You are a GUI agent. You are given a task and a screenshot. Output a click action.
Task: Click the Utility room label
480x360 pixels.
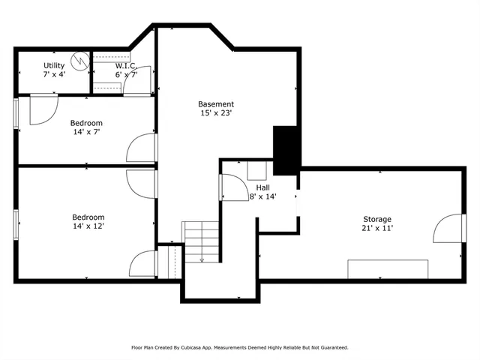click(x=53, y=65)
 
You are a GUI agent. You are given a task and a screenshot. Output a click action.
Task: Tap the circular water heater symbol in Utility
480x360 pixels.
click(x=79, y=60)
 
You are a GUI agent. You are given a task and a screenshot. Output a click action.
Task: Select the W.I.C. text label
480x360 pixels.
click(x=124, y=65)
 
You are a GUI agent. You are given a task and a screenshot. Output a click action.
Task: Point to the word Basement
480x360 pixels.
click(x=216, y=104)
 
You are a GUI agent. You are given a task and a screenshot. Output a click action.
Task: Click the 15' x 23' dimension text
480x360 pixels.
click(x=216, y=113)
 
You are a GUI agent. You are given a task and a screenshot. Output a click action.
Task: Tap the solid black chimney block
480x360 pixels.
click(x=286, y=148)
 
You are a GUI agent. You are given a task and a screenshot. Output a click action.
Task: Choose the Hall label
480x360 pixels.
click(x=262, y=187)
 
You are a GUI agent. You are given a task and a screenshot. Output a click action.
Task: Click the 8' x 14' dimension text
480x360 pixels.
click(x=262, y=196)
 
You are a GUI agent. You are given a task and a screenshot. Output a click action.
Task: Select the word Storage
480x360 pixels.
click(x=376, y=219)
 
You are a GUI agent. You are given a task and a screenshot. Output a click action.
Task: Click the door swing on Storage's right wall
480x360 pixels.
click(x=448, y=229)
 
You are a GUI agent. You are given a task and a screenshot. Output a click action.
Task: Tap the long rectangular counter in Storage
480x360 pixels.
click(x=388, y=268)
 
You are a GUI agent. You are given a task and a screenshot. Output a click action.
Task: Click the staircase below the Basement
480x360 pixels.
click(x=200, y=241)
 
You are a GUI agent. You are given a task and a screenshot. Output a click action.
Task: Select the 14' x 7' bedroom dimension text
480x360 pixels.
click(x=86, y=131)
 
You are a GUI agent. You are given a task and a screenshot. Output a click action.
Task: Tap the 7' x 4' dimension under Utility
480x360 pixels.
click(x=53, y=74)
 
